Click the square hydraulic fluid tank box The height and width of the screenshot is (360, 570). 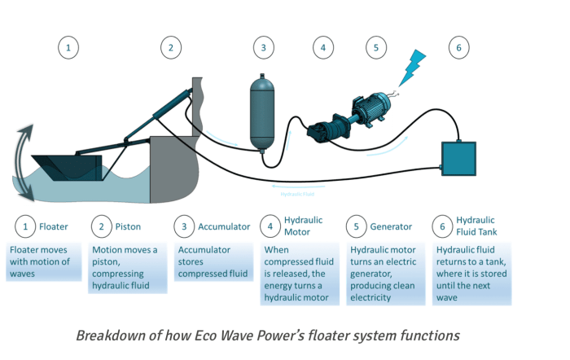[x=458, y=158]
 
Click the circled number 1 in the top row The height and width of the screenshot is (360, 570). [x=68, y=48]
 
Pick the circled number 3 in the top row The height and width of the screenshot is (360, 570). [x=263, y=48]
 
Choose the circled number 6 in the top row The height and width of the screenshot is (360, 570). [x=458, y=48]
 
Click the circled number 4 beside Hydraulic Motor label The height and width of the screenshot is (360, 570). [x=270, y=226]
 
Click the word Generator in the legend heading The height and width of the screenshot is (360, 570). [x=391, y=226]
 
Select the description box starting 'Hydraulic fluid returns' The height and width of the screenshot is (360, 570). [x=471, y=273]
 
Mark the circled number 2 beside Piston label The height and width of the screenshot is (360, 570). [x=101, y=226]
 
